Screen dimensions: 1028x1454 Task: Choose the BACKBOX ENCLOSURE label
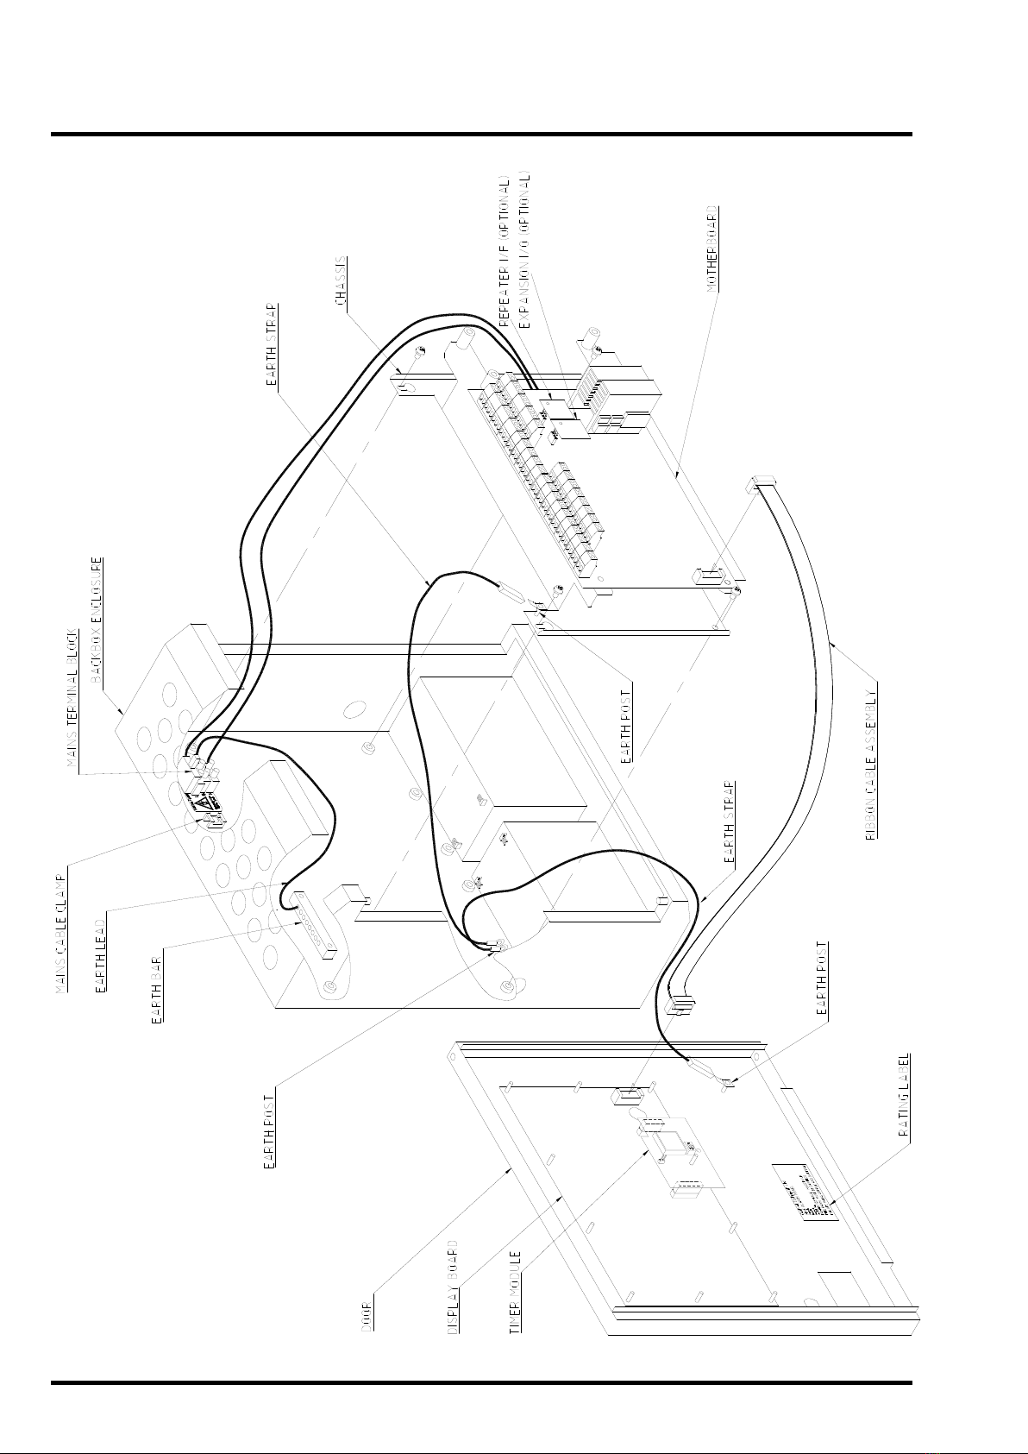pyautogui.click(x=98, y=619)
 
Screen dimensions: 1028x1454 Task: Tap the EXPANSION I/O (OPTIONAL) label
pyautogui.click(x=525, y=253)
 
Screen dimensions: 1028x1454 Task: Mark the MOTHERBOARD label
pyautogui.click(x=712, y=249)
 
